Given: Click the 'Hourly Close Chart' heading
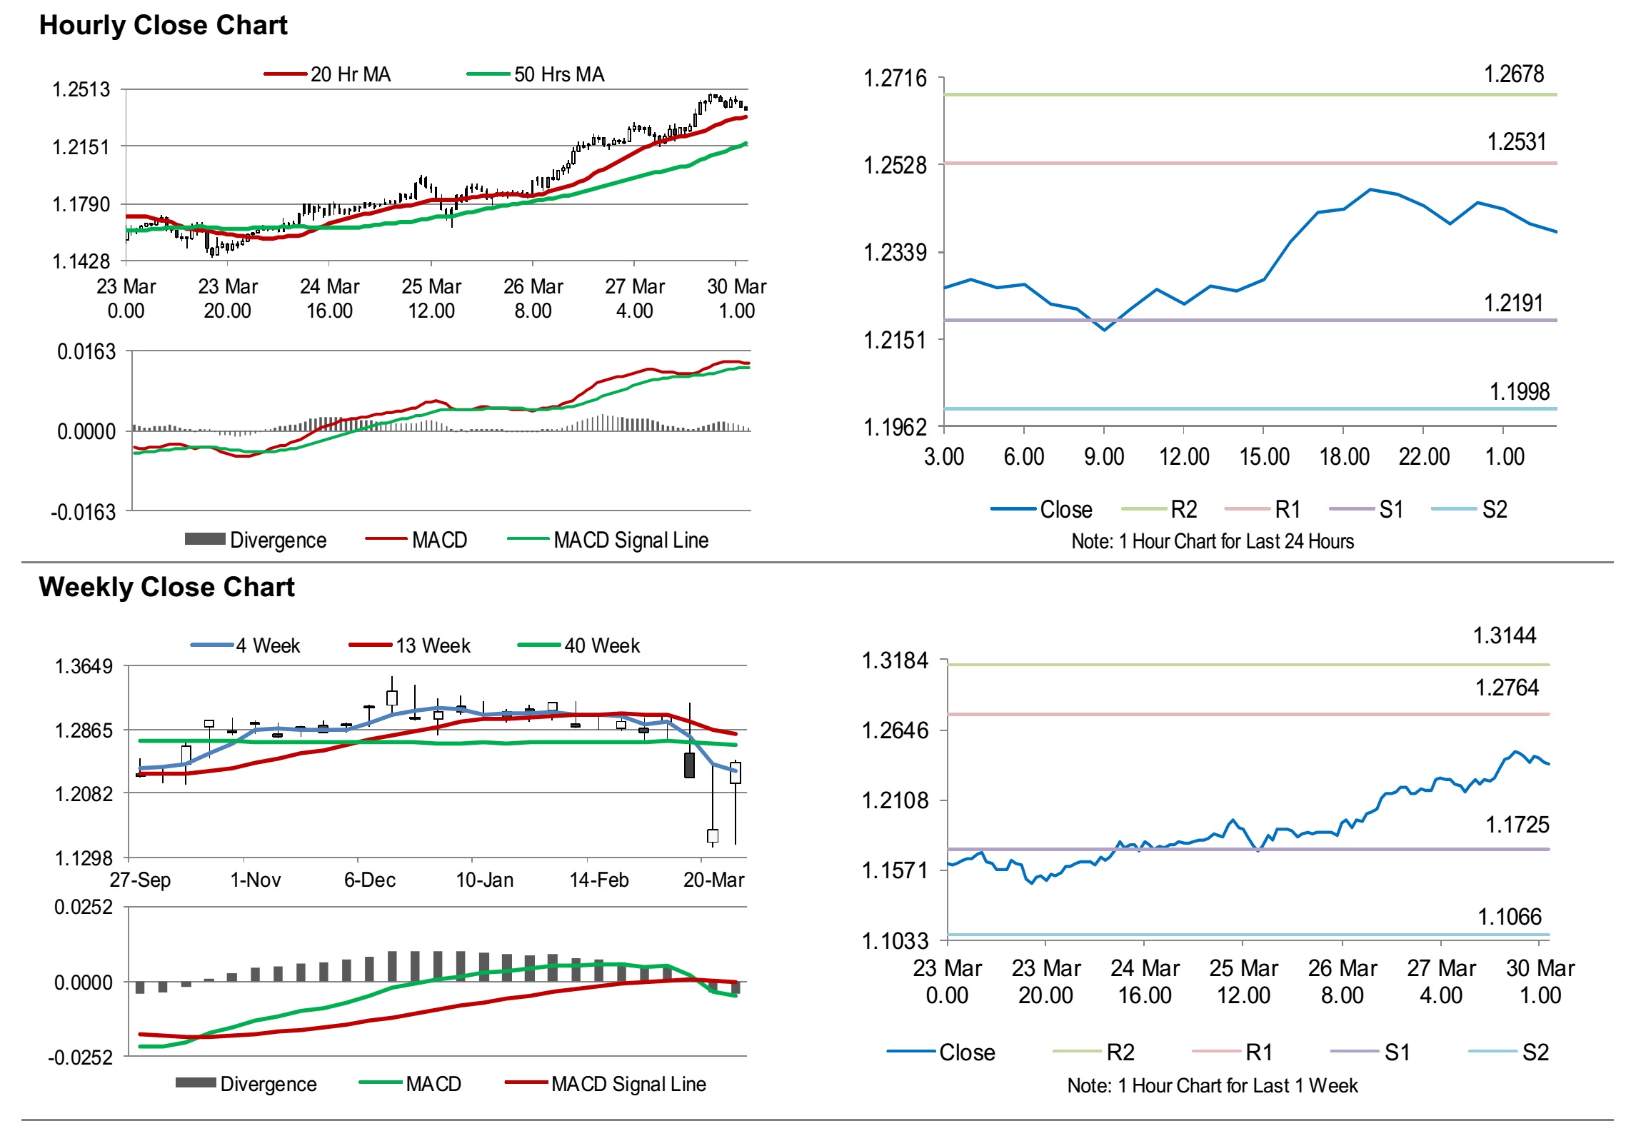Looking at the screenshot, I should [x=163, y=25].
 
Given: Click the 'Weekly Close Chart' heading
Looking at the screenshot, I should [x=166, y=587].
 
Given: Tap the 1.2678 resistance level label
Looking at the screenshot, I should [x=1513, y=74].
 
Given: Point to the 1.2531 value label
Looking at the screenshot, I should [x=1516, y=142].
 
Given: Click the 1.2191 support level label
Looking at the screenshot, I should [x=1513, y=303].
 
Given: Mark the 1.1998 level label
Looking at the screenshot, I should [x=1519, y=391].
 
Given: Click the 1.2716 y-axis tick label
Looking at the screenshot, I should [x=895, y=78].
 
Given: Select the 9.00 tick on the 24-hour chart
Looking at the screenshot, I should [x=1103, y=456].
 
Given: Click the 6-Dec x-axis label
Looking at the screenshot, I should [x=369, y=880].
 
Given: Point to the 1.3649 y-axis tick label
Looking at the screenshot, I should [x=84, y=666].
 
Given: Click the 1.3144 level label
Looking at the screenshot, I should [x=1505, y=635].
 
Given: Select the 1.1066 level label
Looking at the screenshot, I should [x=1509, y=917].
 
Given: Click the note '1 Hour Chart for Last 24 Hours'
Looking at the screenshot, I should [x=1212, y=541].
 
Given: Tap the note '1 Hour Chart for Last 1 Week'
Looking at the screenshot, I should [x=1212, y=1085].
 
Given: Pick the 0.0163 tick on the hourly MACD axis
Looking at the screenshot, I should [x=86, y=351].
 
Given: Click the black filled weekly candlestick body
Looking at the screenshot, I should [x=689, y=765].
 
